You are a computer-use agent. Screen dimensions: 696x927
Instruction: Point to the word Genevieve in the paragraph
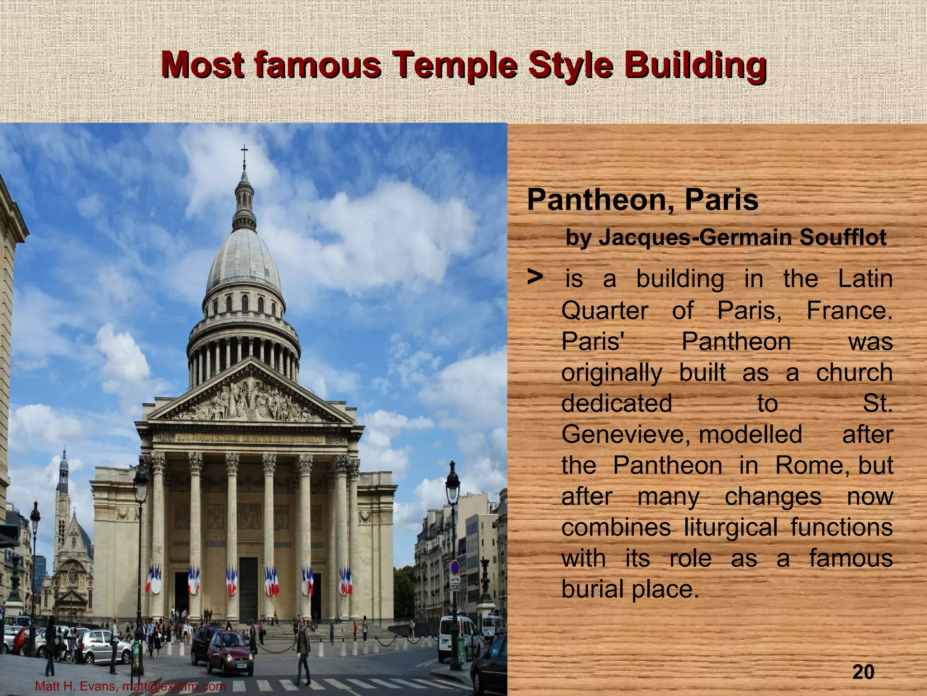(x=625, y=435)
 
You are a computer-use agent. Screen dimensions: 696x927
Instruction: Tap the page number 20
(x=863, y=672)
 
